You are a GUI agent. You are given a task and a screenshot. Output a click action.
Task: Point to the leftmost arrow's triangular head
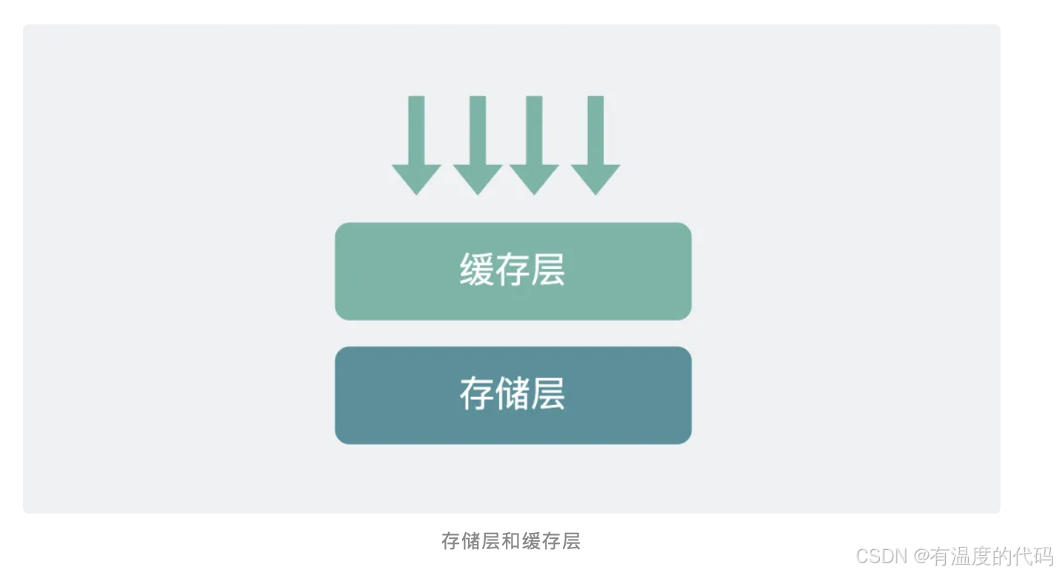pyautogui.click(x=416, y=178)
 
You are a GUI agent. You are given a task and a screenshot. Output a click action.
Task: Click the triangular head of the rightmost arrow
pyautogui.click(x=595, y=178)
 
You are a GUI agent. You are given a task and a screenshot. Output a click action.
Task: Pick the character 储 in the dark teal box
pyautogui.click(x=512, y=393)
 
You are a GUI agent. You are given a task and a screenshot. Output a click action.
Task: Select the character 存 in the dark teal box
pyautogui.click(x=476, y=393)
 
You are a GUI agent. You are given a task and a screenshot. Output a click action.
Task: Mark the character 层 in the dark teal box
pyautogui.click(x=548, y=393)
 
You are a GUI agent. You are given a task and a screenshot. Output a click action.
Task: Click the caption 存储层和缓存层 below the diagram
pyautogui.click(x=511, y=541)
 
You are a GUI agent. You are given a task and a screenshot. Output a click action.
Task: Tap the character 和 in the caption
pyautogui.click(x=511, y=541)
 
